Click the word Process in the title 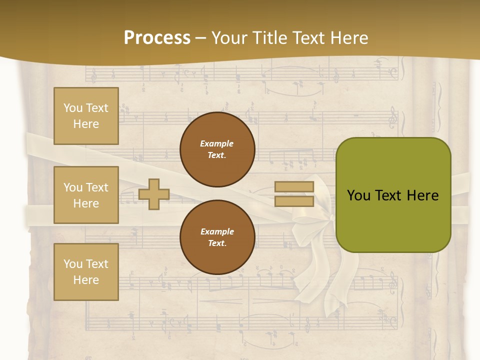[157, 38]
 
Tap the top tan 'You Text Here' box [86, 116]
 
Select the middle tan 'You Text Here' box [86, 195]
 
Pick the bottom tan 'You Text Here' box [86, 272]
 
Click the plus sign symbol [153, 194]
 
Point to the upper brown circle [217, 149]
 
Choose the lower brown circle [217, 237]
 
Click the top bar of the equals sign [294, 186]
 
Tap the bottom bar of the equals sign [294, 201]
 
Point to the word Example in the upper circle [217, 143]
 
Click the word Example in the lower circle [217, 231]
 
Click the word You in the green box [358, 195]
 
